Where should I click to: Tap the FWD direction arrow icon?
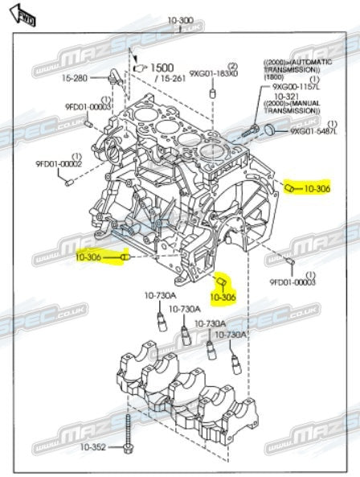click(x=25, y=14)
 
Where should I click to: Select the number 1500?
click(x=164, y=68)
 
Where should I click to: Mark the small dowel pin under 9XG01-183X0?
click(x=214, y=94)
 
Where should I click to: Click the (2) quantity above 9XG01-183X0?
click(x=232, y=64)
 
